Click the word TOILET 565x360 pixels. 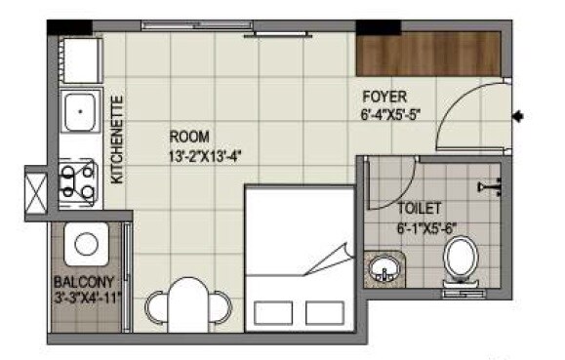point(420,209)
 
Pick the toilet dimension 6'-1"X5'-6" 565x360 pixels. point(426,228)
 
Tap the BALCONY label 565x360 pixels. point(77,282)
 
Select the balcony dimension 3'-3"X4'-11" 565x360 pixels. point(85,298)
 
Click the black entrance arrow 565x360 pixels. point(518,117)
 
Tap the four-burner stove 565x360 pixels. point(78,180)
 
